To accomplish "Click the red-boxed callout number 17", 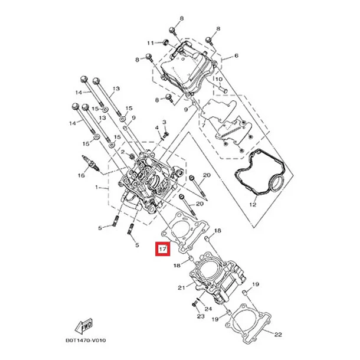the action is pos(162,248).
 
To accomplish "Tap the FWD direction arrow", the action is pos(84,326).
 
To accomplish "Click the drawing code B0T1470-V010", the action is pos(86,341).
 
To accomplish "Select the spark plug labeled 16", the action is pos(91,163).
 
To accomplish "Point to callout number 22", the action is pos(278,335).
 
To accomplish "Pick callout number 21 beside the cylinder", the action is pos(181,287).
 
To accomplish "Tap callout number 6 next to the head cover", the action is pos(236,55).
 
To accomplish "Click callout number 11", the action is pos(150,43).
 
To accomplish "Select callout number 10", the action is pos(219,79).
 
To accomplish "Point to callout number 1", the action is pos(97,188).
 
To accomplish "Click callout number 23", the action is pos(201,316).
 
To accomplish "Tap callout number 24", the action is pos(208,309).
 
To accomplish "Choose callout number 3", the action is pos(164,122).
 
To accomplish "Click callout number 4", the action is pos(157,127).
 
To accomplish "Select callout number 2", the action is pos(123,152).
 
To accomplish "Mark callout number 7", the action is pos(203,125).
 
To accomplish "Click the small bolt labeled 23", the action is pos(195,305).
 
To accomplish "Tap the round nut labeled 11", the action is pos(165,42).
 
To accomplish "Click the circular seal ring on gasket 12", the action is pos(277,183).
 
